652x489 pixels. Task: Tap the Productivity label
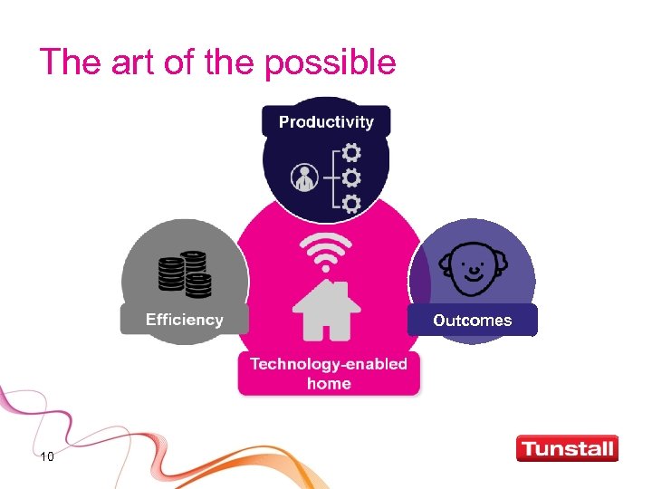point(326,121)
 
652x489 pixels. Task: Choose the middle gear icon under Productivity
point(351,176)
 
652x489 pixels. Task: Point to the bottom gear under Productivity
point(351,202)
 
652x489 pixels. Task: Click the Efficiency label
point(185,320)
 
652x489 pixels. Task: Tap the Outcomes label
point(472,320)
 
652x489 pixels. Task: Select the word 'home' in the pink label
point(329,384)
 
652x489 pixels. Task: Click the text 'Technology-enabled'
point(329,364)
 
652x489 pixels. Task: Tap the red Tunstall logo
point(567,448)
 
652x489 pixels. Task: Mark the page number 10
point(47,456)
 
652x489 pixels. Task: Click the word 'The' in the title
point(66,62)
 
